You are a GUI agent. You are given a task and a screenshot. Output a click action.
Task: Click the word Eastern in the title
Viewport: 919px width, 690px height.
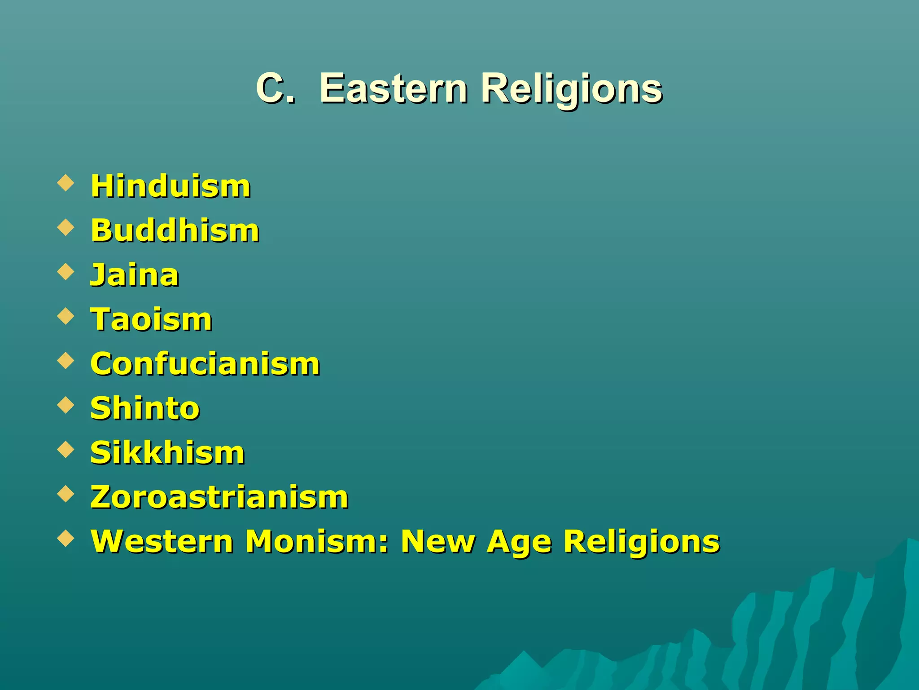click(x=394, y=88)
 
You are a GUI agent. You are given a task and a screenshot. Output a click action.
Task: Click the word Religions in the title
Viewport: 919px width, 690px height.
click(x=571, y=89)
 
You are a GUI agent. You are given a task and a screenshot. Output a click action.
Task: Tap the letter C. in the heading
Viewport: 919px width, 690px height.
click(x=275, y=88)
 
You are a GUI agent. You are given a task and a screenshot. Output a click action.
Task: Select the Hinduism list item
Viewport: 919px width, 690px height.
click(x=171, y=186)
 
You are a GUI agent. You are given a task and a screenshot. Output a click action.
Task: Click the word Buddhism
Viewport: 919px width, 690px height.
click(x=175, y=230)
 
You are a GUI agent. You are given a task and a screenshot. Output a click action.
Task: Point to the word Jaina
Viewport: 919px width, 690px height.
click(x=135, y=275)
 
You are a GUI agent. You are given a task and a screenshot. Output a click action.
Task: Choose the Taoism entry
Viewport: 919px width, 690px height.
click(x=151, y=319)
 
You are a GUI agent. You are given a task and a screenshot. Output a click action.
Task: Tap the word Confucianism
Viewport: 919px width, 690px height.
click(x=205, y=363)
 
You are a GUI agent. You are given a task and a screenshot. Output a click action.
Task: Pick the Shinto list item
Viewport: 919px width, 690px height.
click(x=145, y=408)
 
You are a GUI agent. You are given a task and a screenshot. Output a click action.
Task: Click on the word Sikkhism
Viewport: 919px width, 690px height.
click(x=167, y=452)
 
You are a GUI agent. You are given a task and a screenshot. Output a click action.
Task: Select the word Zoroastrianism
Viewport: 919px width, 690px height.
click(x=219, y=497)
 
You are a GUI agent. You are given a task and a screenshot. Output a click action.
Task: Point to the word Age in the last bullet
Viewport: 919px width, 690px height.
click(x=519, y=542)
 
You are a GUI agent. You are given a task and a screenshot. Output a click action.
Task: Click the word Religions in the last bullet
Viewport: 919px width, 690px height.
click(x=642, y=542)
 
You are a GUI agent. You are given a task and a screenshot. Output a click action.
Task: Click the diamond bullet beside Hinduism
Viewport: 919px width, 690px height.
click(x=66, y=183)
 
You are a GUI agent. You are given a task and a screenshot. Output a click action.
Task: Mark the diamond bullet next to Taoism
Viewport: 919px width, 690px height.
click(x=66, y=316)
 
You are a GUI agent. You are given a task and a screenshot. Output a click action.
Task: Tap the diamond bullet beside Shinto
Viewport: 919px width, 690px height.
click(x=66, y=405)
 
